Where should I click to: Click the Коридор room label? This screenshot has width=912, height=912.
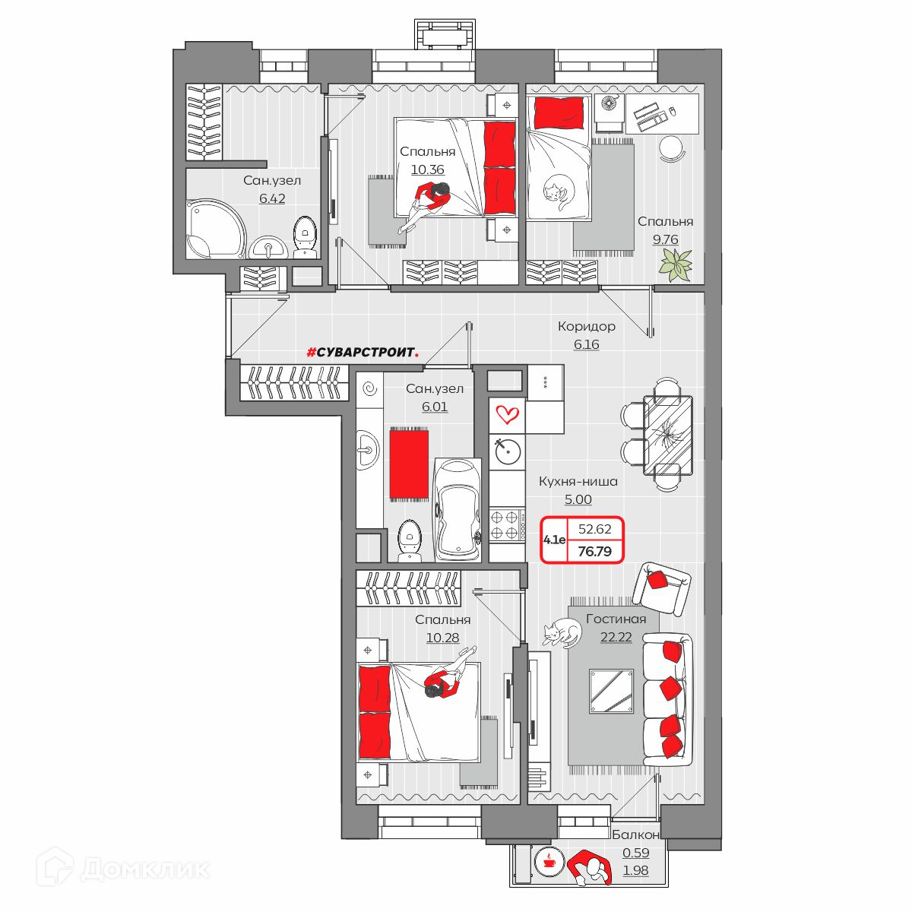coord(586,326)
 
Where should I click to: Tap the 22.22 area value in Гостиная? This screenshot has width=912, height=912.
coord(616,637)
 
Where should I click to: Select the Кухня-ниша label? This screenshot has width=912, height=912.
coord(578,481)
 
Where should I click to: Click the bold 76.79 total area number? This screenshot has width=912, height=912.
coord(595,551)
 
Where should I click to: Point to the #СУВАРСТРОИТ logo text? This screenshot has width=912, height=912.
coord(363,352)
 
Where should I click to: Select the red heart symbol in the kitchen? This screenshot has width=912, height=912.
coord(507,415)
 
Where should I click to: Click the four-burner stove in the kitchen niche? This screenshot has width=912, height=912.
coord(507,525)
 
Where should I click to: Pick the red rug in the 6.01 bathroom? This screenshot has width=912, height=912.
coord(409,464)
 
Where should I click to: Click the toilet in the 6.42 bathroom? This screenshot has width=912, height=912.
coord(306,237)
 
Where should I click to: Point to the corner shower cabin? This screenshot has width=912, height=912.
coord(216,229)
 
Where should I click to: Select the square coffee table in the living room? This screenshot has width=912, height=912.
coord(611,692)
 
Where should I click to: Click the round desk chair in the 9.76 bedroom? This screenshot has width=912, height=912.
coord(672,149)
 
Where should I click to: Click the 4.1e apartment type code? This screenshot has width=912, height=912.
coord(554,540)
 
